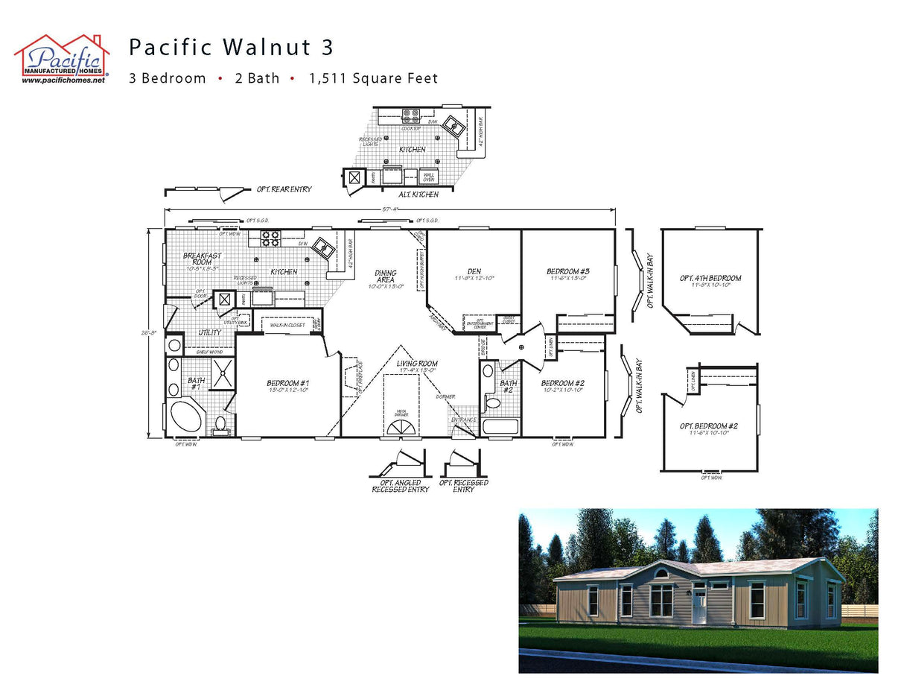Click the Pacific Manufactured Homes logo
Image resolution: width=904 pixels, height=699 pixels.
(x=62, y=58)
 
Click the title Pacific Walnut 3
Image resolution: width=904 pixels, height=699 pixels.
(x=231, y=48)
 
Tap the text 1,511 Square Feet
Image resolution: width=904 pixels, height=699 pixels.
(x=374, y=78)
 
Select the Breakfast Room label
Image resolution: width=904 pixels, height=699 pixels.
(x=202, y=259)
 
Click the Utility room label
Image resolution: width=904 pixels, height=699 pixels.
(x=209, y=332)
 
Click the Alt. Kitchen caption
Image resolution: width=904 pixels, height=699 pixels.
(x=418, y=194)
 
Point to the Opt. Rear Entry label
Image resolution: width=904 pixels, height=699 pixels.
(x=284, y=189)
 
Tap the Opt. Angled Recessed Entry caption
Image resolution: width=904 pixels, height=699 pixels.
(x=400, y=486)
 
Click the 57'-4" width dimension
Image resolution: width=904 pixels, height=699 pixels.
(x=389, y=209)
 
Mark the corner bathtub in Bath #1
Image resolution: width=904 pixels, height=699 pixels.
(x=185, y=417)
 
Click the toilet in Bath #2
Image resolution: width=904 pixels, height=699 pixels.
(x=492, y=403)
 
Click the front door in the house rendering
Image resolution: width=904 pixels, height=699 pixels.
(x=698, y=604)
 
